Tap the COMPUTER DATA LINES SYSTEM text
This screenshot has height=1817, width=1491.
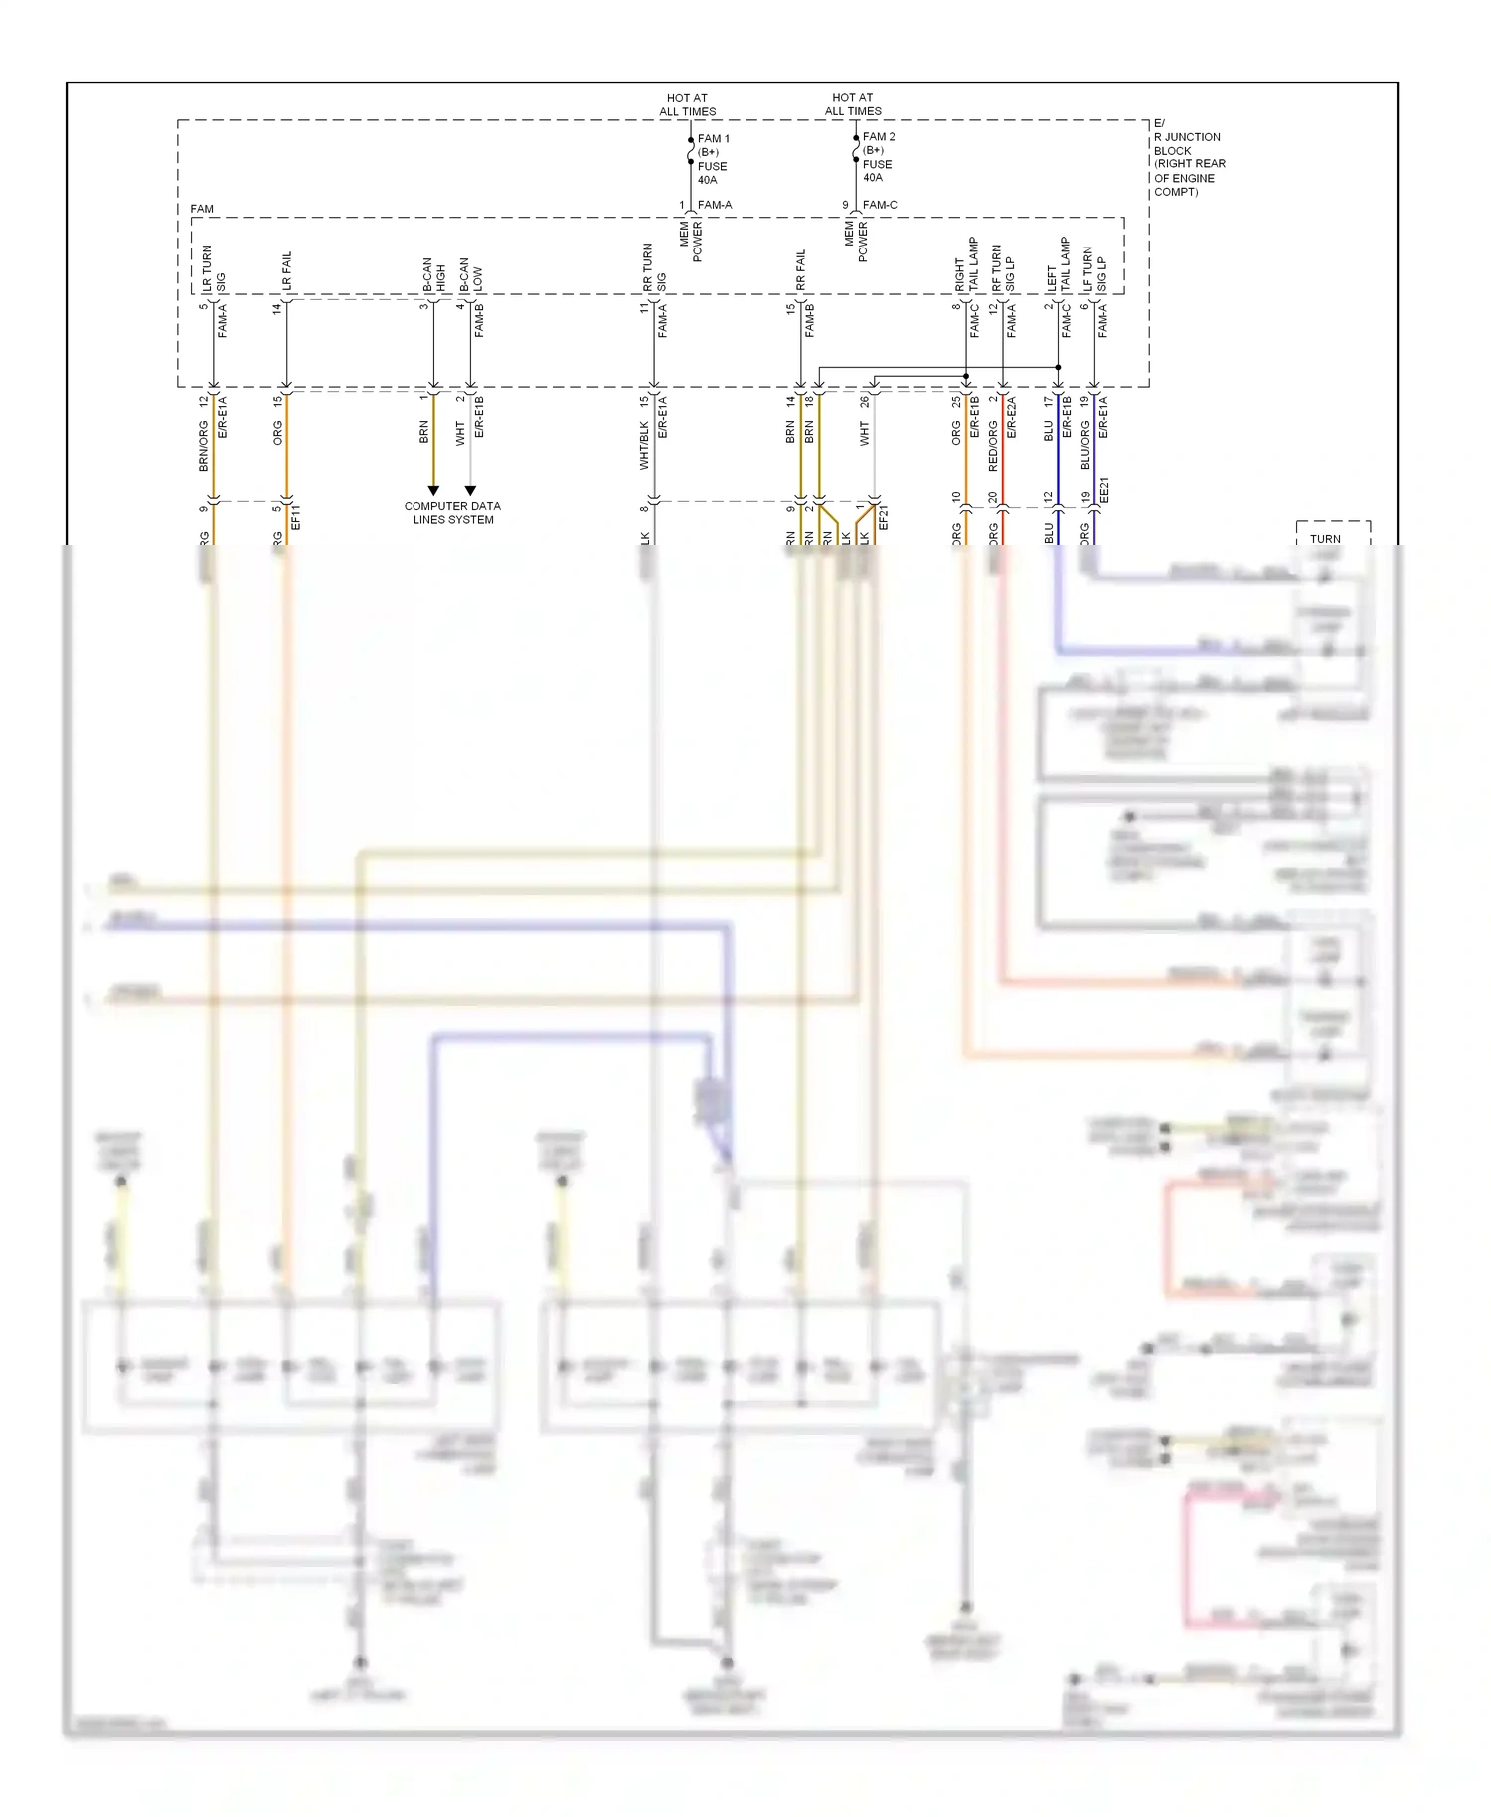click(x=452, y=513)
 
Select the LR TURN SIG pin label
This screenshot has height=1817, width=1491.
click(x=214, y=268)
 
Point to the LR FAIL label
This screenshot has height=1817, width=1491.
click(x=287, y=270)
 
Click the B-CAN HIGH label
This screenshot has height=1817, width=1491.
click(x=434, y=274)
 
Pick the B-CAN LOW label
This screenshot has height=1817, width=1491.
click(x=471, y=274)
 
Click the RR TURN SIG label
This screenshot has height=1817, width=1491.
click(x=654, y=267)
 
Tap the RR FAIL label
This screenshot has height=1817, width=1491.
click(x=801, y=269)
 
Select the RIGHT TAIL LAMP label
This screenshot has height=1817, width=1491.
click(x=966, y=264)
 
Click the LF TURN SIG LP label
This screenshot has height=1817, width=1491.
click(x=1094, y=269)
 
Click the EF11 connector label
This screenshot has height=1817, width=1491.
click(x=295, y=517)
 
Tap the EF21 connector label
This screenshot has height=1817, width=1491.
click(x=884, y=517)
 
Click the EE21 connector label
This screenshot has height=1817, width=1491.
click(x=1104, y=491)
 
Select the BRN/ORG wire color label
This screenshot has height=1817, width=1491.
click(x=204, y=445)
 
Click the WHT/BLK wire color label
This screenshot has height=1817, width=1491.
click(x=644, y=445)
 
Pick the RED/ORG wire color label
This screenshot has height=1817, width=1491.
click(x=993, y=445)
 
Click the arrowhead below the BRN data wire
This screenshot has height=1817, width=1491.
click(x=433, y=490)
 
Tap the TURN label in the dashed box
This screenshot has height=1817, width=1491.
click(x=1325, y=539)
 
